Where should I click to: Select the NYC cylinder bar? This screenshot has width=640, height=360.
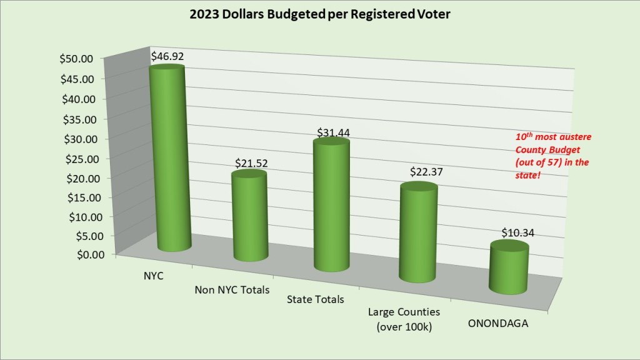click(170, 159)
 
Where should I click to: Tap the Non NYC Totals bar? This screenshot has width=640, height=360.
click(249, 216)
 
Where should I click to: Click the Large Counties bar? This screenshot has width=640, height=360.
click(418, 232)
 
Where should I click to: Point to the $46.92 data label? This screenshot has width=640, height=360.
click(167, 56)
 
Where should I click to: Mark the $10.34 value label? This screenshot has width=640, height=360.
click(518, 232)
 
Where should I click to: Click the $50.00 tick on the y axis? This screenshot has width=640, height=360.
click(76, 59)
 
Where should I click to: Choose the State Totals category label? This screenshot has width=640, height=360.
click(315, 299)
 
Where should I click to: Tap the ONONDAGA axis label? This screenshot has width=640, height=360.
click(497, 323)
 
